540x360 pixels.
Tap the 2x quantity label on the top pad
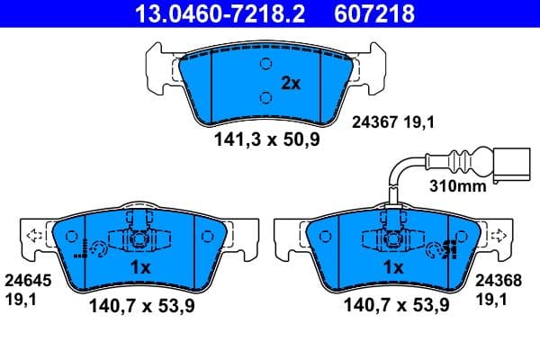[x=290, y=83]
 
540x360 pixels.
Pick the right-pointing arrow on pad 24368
[x=494, y=238]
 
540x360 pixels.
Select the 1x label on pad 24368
[x=392, y=268]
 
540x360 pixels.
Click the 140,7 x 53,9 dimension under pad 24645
[x=142, y=306]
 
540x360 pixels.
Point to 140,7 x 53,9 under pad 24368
[x=397, y=306]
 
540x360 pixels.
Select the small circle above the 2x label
[x=265, y=64]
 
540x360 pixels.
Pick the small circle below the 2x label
[x=265, y=98]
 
